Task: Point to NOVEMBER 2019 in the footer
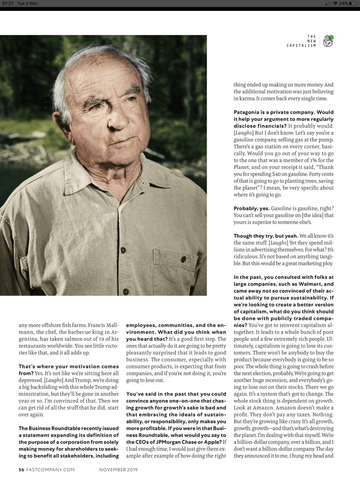click(x=118, y=470)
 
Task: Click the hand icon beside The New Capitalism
click(x=328, y=41)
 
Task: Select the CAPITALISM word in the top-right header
click(x=301, y=45)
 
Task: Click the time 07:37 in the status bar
click(x=9, y=3)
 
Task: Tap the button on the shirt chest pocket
click(x=183, y=259)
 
